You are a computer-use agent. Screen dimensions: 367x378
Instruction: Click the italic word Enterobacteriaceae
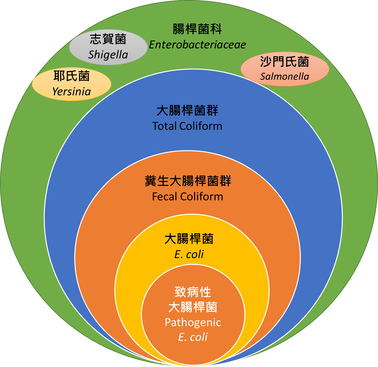[x=197, y=45]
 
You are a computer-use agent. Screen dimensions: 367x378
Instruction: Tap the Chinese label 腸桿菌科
[x=197, y=30]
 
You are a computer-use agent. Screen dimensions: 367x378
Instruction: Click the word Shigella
[x=108, y=55]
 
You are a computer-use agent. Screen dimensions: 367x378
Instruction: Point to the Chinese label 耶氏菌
[x=72, y=76]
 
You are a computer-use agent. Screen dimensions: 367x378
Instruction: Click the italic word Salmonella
[x=285, y=76]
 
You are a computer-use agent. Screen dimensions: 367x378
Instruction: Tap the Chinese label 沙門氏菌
[x=285, y=62]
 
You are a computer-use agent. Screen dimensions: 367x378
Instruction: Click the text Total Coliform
[x=187, y=126]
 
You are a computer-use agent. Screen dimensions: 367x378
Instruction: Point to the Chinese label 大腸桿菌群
[x=187, y=111]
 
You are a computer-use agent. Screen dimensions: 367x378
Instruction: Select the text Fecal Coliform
[x=188, y=197]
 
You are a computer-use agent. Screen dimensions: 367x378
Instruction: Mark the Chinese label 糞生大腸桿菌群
[x=188, y=181]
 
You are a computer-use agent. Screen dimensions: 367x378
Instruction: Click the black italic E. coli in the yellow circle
[x=189, y=254]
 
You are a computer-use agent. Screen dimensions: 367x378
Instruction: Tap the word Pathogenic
[x=193, y=322]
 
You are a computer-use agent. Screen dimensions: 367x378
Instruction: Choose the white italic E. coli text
[x=193, y=337]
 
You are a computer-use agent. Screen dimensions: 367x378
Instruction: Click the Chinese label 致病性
[x=193, y=292]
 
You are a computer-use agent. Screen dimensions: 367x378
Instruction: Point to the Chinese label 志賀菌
[x=108, y=40]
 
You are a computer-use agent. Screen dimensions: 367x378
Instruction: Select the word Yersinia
[x=72, y=91]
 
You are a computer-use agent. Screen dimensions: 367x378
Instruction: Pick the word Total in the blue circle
[x=164, y=126]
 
